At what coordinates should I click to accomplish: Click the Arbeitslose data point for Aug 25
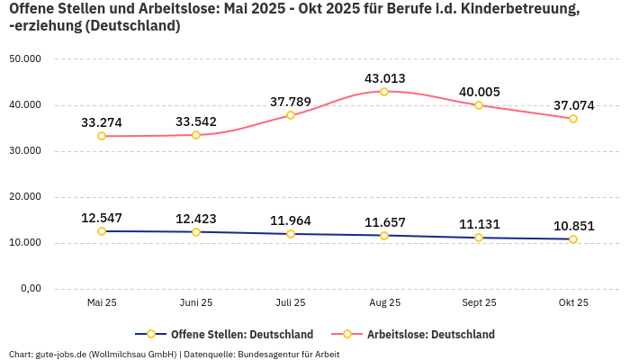pos(384,92)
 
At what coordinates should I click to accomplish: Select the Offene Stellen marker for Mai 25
pos(102,231)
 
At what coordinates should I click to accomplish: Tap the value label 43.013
pos(384,78)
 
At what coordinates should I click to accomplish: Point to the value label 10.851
pos(573,226)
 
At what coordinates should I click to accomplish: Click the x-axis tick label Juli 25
pos(290,303)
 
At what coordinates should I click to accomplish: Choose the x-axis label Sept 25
pos(479,303)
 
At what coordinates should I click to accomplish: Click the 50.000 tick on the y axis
pos(24,59)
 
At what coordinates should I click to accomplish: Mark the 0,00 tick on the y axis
pos(30,289)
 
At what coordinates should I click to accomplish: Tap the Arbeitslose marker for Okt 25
pos(573,119)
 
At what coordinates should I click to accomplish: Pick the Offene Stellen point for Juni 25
pos(196,232)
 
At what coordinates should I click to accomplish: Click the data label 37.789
pos(290,102)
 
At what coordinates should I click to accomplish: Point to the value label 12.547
pos(102,218)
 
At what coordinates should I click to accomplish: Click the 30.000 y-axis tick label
pos(24,151)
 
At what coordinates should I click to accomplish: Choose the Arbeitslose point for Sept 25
pos(479,105)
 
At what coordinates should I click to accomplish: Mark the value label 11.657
pos(384,222)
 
